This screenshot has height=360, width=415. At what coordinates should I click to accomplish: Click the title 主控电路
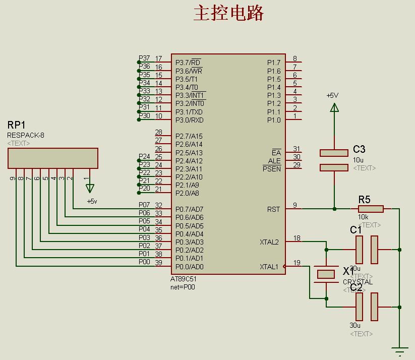click(x=228, y=14)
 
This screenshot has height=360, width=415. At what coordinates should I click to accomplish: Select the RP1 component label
click(x=17, y=125)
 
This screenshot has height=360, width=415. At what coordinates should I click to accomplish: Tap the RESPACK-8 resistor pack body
click(x=53, y=158)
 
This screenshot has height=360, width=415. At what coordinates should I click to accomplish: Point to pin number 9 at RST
click(x=295, y=205)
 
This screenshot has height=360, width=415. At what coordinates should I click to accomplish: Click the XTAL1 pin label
click(x=269, y=267)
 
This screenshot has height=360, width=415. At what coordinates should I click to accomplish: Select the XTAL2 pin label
click(x=269, y=243)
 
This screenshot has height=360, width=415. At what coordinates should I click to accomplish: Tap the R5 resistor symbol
click(x=371, y=209)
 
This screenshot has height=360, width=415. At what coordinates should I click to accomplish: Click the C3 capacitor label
click(x=359, y=149)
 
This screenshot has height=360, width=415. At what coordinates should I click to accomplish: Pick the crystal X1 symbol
click(x=326, y=274)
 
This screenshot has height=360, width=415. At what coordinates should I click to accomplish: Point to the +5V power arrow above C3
click(x=333, y=107)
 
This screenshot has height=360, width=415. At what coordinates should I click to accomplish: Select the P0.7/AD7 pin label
click(x=189, y=209)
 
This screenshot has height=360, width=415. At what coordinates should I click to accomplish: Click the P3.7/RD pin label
click(x=188, y=62)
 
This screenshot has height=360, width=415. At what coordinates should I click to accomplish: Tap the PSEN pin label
click(x=272, y=169)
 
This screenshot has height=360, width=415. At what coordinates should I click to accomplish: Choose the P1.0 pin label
click(x=274, y=120)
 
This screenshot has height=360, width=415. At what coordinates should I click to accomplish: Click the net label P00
click(x=144, y=262)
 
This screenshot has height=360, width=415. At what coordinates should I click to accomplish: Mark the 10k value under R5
click(x=363, y=217)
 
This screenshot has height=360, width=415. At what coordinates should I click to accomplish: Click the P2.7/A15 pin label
click(x=189, y=136)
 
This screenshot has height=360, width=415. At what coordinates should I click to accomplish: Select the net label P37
click(x=144, y=58)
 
